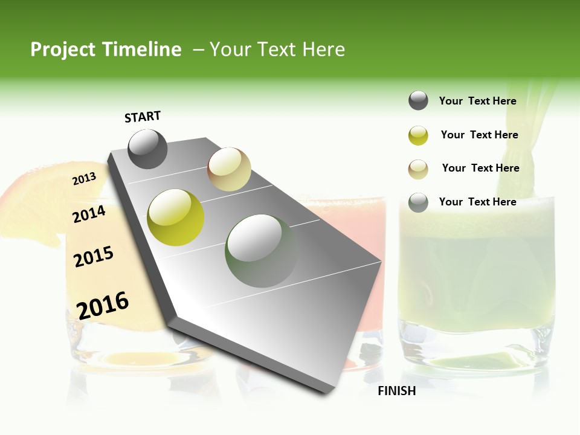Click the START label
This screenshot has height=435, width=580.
point(143,117)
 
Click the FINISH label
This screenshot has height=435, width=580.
point(396,391)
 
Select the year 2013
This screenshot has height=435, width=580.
point(85,179)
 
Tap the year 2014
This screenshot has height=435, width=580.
point(89,214)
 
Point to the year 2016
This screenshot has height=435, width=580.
point(103,305)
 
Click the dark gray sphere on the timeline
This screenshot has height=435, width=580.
point(147,149)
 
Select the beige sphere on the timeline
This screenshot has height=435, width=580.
point(229,169)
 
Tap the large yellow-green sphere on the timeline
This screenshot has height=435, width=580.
point(176,217)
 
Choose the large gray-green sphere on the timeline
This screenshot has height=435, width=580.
point(262,251)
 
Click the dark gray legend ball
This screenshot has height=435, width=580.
point(418,101)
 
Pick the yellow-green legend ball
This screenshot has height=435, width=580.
point(418,135)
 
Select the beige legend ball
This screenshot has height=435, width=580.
point(418,169)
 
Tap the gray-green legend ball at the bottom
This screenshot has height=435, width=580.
point(418,202)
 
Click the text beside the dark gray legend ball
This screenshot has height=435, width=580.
point(477,101)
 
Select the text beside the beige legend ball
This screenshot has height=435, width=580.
point(480,168)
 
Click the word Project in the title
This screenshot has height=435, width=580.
point(62,50)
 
